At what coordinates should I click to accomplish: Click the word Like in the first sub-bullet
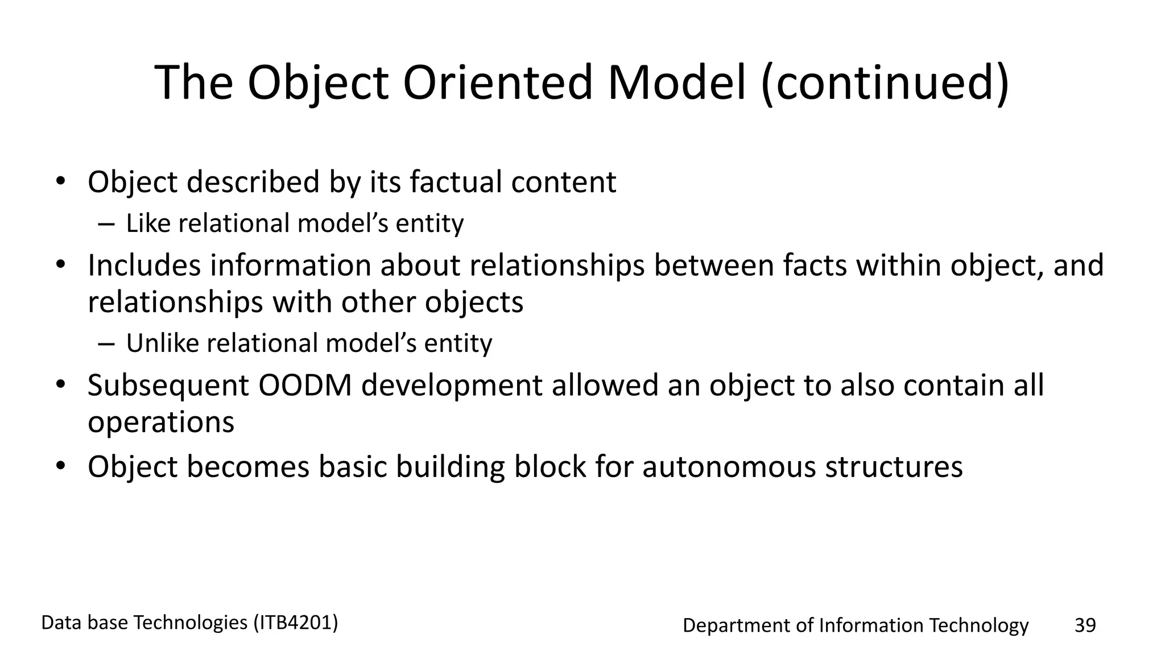coord(148,223)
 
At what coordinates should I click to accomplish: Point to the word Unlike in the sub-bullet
coord(162,343)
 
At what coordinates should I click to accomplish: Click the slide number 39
coord(1085,625)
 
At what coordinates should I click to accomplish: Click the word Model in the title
coord(676,83)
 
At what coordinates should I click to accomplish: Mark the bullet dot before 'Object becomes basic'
coord(60,466)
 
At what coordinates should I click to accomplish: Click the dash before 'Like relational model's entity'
coord(106,223)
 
